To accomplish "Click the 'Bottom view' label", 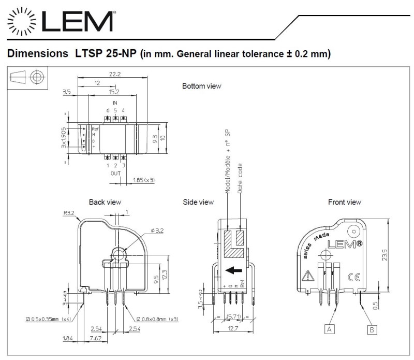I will [x=201, y=85].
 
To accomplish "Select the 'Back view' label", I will [x=105, y=202].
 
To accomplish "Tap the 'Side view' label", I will [x=199, y=202].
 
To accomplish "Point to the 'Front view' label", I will [x=345, y=202].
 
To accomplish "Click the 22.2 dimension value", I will [x=115, y=74].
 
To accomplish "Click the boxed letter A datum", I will [x=329, y=327].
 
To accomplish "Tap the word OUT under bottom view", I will [x=115, y=174].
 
